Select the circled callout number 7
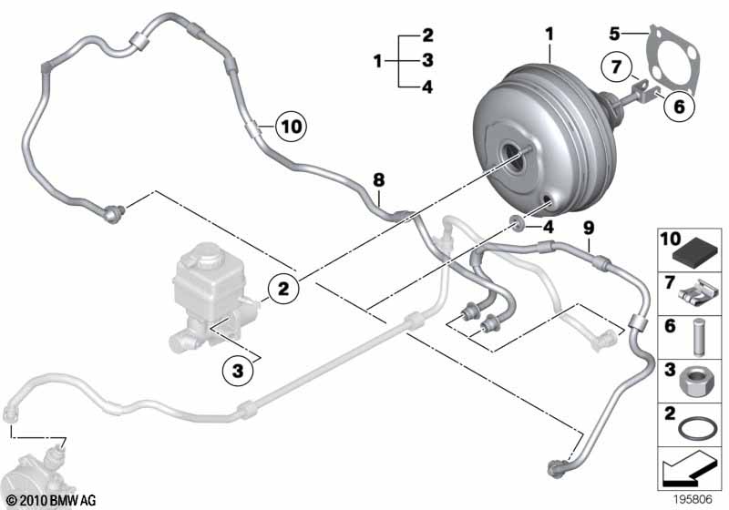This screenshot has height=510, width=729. (x=614, y=67)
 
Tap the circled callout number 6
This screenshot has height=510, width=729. (x=677, y=107)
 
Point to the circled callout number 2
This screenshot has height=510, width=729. (x=283, y=289)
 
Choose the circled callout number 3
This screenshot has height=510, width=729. (x=237, y=371)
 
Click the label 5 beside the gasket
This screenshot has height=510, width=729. (x=615, y=35)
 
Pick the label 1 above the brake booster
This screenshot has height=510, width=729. (x=550, y=35)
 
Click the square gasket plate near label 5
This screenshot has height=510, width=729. (x=671, y=60)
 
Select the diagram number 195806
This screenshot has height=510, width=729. (x=695, y=499)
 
